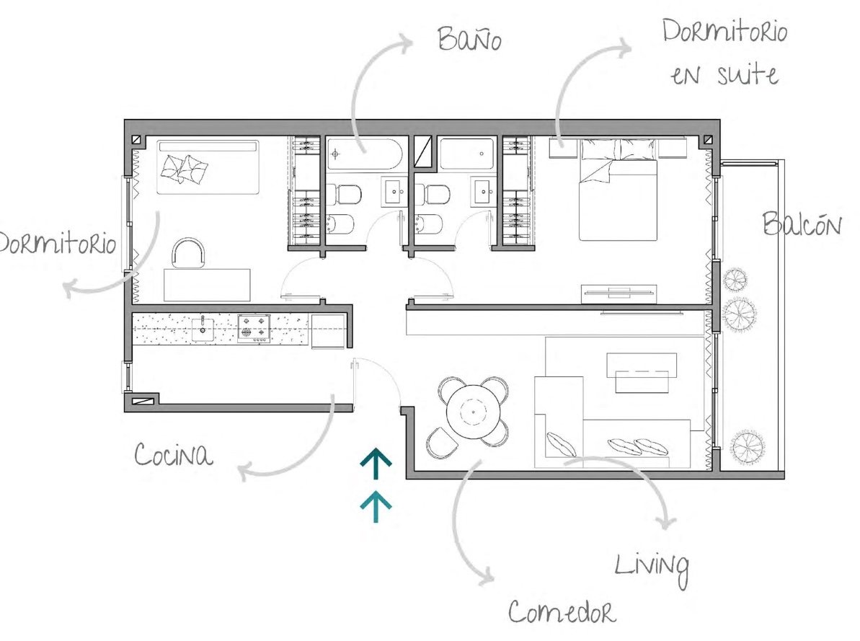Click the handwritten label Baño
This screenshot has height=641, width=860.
(469, 39)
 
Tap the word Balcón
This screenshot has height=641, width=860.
(802, 224)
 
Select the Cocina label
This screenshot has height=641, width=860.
(173, 454)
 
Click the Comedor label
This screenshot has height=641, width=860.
(562, 611)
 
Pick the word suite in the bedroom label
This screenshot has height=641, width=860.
(748, 74)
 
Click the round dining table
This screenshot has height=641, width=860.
(474, 411)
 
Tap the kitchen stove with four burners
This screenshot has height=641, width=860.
(254, 328)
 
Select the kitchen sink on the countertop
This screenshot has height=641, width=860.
(203, 328)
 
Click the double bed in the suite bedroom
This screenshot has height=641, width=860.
(618, 190)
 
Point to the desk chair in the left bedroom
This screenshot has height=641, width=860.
(189, 253)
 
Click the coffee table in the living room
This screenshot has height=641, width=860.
(641, 373)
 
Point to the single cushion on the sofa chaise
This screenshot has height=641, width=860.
(562, 444)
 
